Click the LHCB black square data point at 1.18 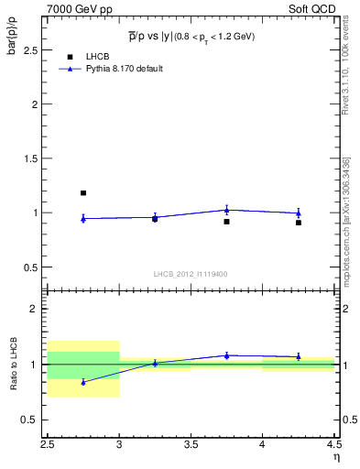click(83, 193)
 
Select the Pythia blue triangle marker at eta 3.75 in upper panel click(226, 210)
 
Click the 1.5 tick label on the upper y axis click(34, 158)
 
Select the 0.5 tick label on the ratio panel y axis click(34, 420)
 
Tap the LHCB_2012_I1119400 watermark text click(191, 274)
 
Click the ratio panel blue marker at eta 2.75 click(83, 382)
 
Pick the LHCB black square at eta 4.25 click(299, 223)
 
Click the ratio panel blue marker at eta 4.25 click(299, 356)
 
